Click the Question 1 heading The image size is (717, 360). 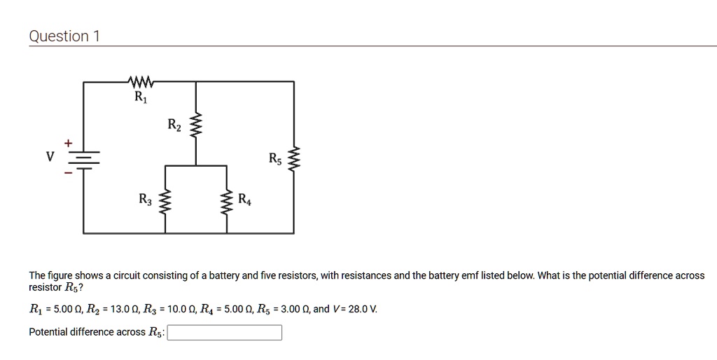64,36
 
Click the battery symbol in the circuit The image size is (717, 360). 84,160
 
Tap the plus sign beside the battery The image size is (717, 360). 68,142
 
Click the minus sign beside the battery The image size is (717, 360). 68,174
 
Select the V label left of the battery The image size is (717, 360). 50,157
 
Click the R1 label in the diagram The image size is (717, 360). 141,97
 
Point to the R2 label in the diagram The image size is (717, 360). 174,125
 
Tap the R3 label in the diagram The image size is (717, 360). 146,200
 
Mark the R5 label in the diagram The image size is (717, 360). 276,158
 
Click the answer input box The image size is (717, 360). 225,332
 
